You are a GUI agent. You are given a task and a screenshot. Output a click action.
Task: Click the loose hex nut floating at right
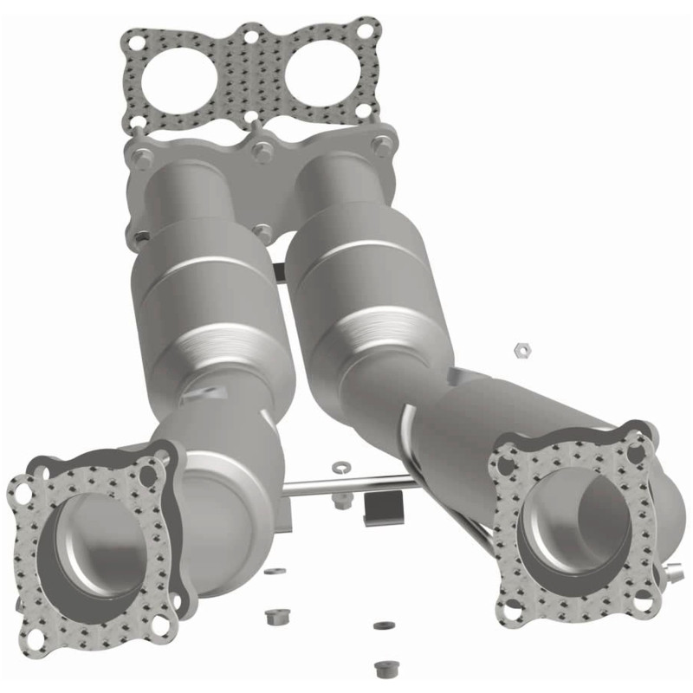521,348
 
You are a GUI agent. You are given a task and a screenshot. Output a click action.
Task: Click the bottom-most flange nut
382,668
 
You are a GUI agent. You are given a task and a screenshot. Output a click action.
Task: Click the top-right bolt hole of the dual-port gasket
366,31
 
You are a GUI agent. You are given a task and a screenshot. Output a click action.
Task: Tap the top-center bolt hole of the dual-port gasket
250,36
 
